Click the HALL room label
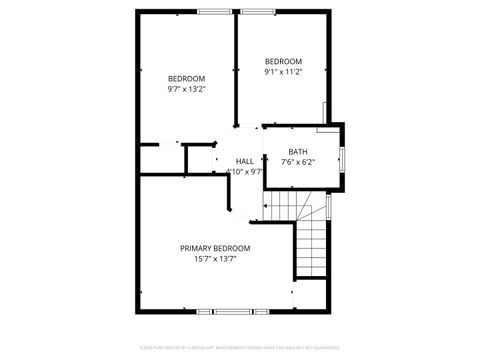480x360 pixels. point(245,161)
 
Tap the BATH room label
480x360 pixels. point(298,152)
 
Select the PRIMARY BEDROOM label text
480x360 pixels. point(215,248)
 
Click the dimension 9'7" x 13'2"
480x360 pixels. point(186,89)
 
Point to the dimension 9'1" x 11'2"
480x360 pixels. point(283,71)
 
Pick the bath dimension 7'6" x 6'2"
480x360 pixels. point(298,162)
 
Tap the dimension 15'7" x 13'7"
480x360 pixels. point(215,258)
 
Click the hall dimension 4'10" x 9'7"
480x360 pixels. point(245,171)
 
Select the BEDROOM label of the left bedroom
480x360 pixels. point(186,79)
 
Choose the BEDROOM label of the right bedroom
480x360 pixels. point(283,61)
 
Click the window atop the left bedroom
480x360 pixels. point(213,12)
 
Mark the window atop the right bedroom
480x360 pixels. point(258,12)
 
